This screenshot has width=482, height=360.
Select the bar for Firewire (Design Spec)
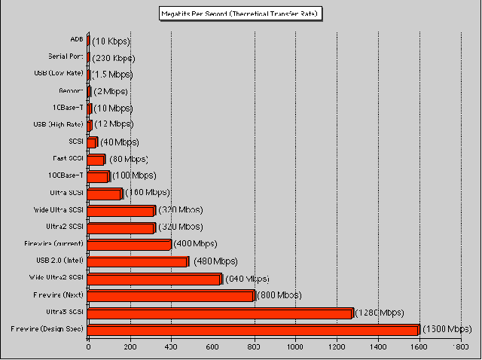coord(254,330)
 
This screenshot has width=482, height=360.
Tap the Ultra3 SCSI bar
coord(221,313)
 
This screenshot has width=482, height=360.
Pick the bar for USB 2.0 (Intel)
coord(139,261)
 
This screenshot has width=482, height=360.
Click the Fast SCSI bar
coord(96,160)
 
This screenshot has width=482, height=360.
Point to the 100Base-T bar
coord(99,176)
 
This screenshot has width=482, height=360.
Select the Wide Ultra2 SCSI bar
coord(155,279)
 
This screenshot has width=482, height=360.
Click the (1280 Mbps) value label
coord(380,313)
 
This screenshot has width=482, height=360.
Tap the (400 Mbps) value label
coord(196,244)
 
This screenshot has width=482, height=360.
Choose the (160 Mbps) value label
coord(147,193)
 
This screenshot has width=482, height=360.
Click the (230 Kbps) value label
coord(114,57)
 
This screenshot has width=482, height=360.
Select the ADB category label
coord(77,39)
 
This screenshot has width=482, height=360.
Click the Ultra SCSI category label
coord(66,193)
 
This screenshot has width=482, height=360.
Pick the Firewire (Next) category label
coord(59,294)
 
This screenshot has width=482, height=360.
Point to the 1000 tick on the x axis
coord(295,349)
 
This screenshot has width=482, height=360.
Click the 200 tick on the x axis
coord(130,349)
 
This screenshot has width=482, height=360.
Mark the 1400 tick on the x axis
coord(378,349)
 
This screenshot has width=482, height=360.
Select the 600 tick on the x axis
coord(213,349)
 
